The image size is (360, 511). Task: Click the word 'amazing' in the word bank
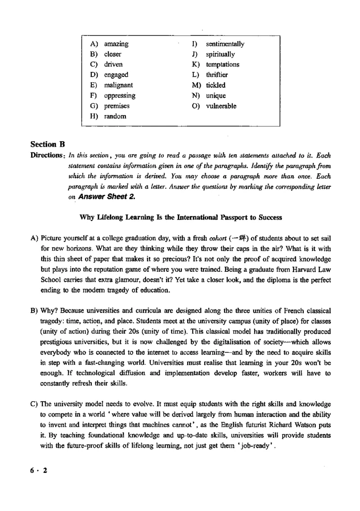[x=116, y=44]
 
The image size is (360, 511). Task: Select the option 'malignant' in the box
[x=118, y=85]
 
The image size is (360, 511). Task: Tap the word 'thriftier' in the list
[x=216, y=75]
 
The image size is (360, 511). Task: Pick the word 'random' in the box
[x=115, y=116]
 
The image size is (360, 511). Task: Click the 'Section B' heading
[x=48, y=144]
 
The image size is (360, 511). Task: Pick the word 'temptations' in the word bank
[x=223, y=65]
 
